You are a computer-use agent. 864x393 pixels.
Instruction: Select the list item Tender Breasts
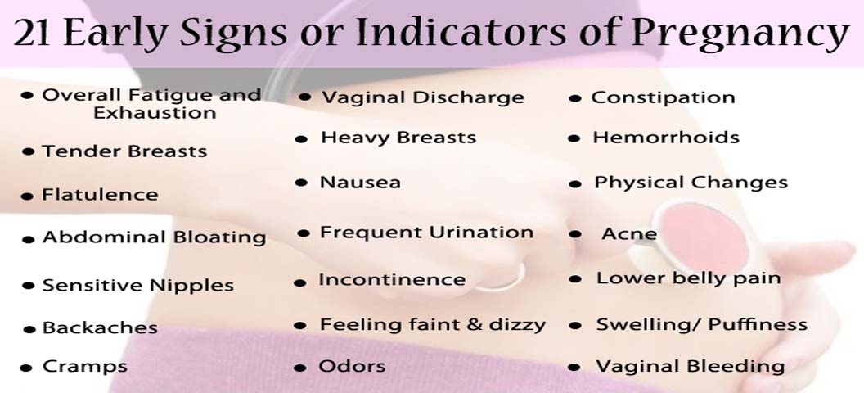coord(124,151)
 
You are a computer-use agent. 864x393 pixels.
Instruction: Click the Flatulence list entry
coord(100,195)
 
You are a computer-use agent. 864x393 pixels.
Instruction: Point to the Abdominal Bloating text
coord(155,237)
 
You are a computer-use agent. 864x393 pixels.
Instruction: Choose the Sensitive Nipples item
coord(137,286)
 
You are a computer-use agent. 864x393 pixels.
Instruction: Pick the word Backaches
coord(100,328)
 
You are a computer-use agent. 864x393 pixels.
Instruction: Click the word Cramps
coord(85,367)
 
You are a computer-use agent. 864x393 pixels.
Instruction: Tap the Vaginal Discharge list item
coord(423,97)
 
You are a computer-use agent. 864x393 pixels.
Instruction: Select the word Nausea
coord(360,183)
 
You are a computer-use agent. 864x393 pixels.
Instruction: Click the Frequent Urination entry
coord(426,233)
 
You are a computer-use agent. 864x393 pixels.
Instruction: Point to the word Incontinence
coord(393,279)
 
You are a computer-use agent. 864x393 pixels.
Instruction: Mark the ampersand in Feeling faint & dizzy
coord(475,325)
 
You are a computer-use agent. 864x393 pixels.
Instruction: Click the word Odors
coord(352,366)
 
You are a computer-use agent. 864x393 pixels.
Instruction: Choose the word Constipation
coord(663,98)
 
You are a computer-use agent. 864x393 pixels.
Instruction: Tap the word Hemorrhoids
coord(666,138)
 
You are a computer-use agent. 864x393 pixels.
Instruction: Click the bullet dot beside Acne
coord(575,234)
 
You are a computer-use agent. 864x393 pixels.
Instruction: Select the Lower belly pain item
coord(688,278)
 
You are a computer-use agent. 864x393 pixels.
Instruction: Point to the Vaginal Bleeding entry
coord(690,367)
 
